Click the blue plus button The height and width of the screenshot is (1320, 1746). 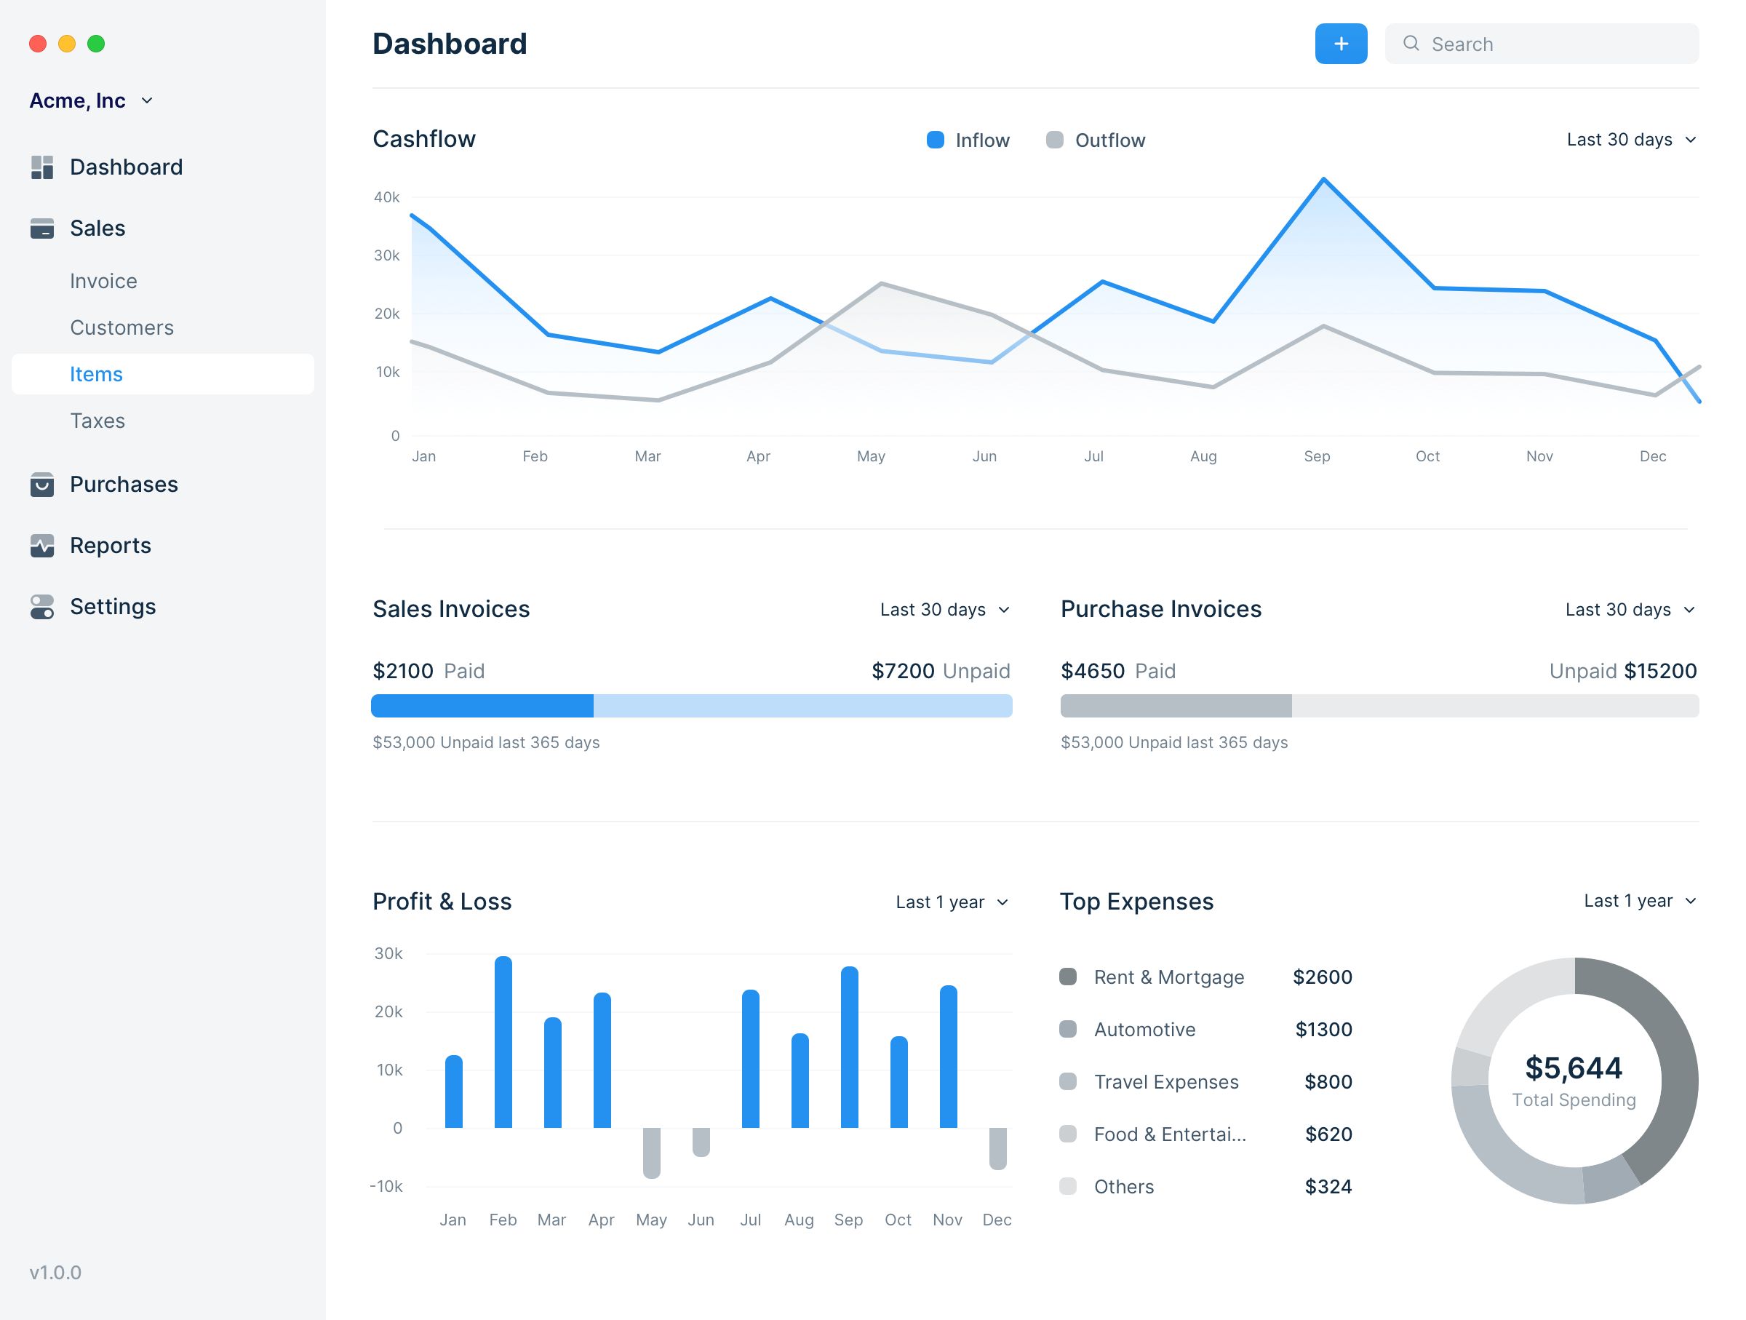tap(1340, 44)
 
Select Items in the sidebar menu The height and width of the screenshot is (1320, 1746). tap(96, 374)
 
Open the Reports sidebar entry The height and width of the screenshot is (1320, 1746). tap(110, 546)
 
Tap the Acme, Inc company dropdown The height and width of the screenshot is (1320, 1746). tap(91, 101)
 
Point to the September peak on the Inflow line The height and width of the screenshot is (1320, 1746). tap(1324, 180)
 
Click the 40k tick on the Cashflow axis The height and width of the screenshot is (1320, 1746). tap(387, 197)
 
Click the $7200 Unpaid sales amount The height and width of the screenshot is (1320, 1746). tap(939, 671)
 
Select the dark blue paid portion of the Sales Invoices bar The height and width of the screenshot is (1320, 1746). tap(482, 706)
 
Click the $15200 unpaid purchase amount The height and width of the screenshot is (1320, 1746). tap(1660, 671)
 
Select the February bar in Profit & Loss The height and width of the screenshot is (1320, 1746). tap(503, 1042)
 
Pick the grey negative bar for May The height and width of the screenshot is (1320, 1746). tap(651, 1153)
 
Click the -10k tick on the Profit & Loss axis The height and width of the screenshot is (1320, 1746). tap(386, 1187)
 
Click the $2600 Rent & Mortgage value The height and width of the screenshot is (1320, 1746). tap(1322, 977)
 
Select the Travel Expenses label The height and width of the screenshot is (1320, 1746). tap(1166, 1082)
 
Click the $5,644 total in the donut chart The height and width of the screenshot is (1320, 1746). tap(1573, 1068)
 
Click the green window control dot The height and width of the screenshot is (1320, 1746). tap(96, 44)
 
